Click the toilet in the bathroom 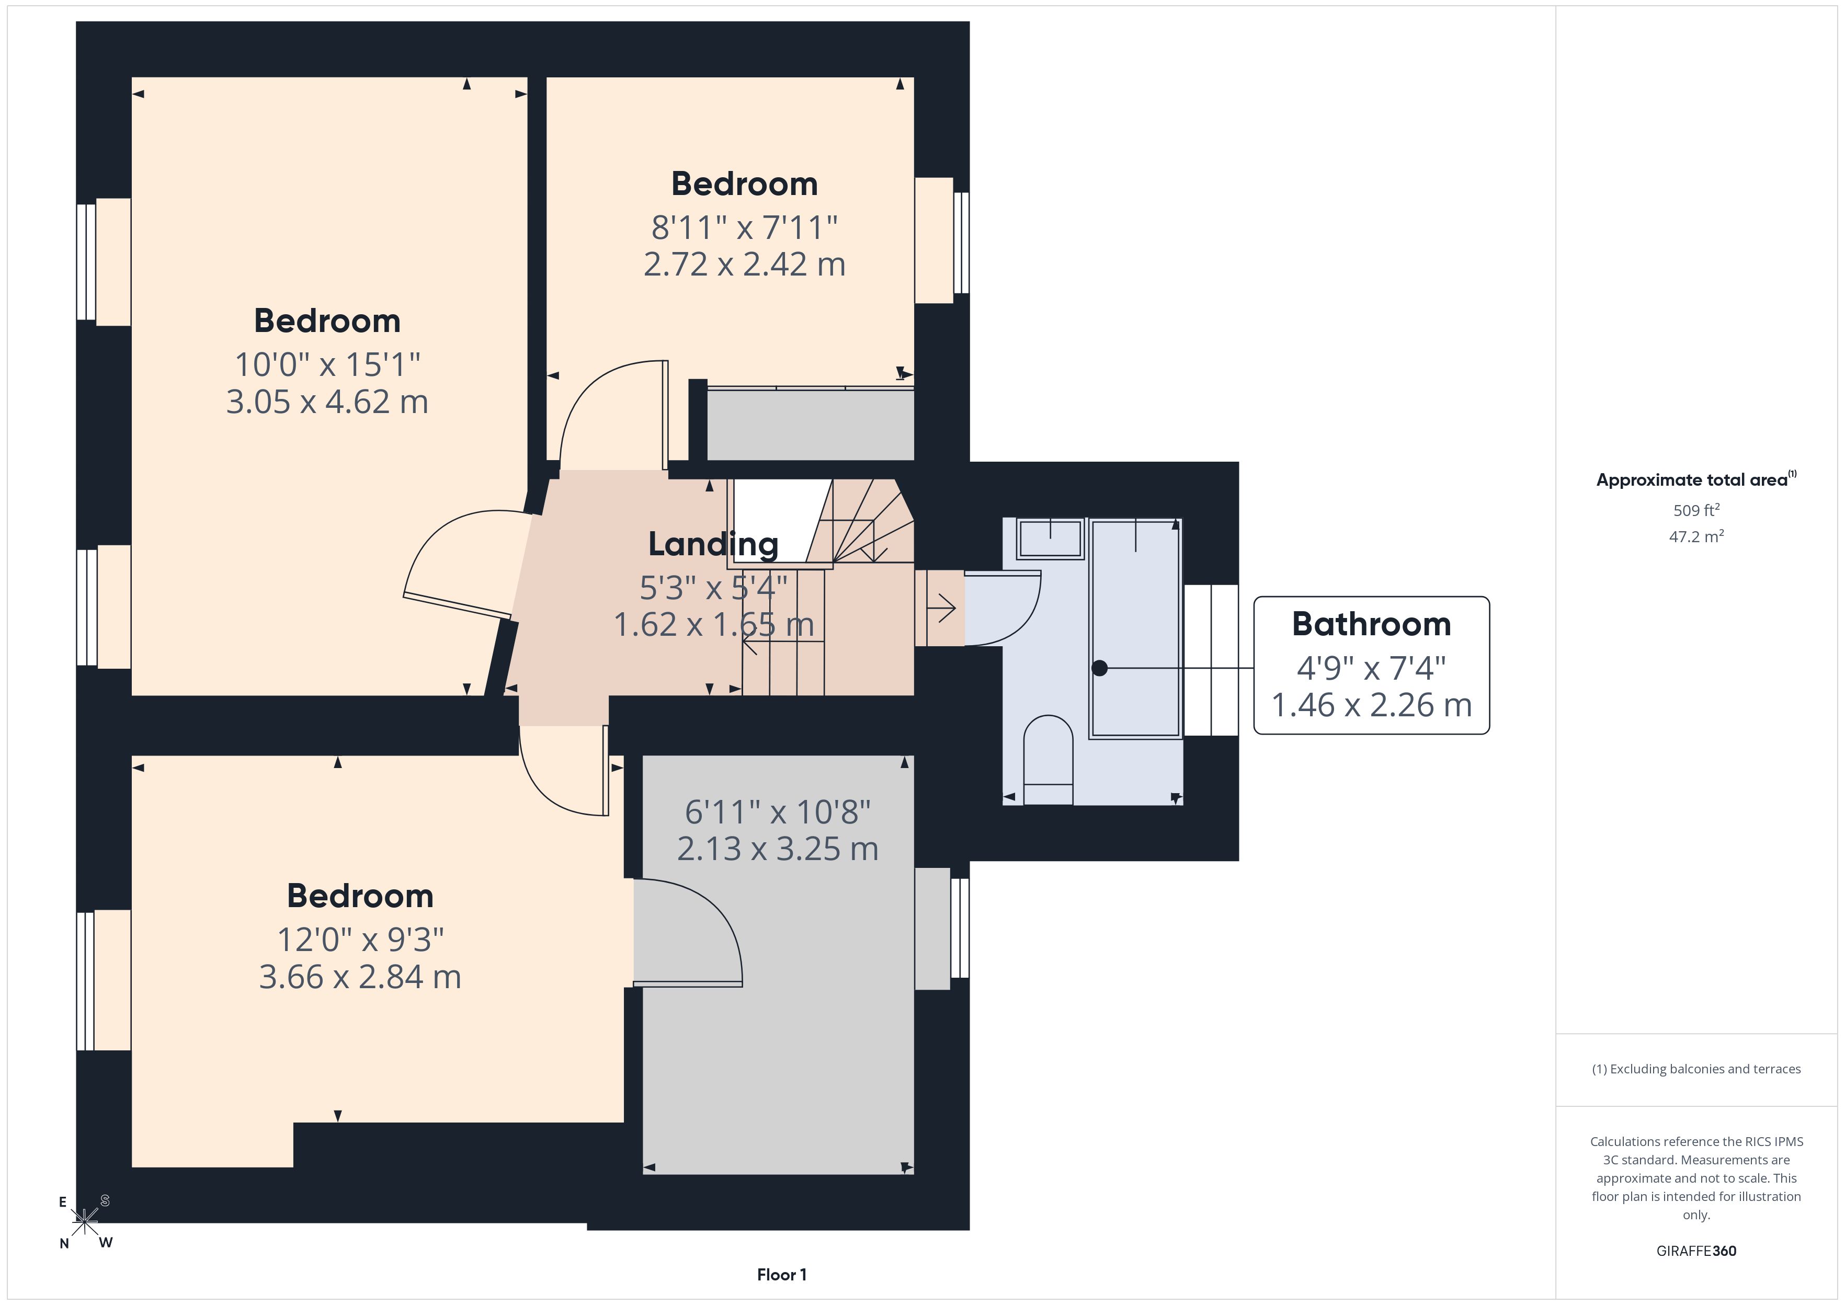[x=1049, y=759]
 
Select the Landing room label [x=713, y=544]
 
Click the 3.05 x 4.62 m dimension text [x=327, y=402]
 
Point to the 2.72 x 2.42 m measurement [x=745, y=265]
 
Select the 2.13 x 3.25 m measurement [x=778, y=849]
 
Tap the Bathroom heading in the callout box [x=1372, y=624]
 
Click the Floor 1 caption [x=782, y=1275]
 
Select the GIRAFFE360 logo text [x=1696, y=1251]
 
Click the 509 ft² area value [x=1696, y=510]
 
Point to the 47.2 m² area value [x=1696, y=536]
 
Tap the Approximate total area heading [x=1696, y=480]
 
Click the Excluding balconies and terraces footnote [x=1696, y=1069]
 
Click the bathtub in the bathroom [x=1135, y=628]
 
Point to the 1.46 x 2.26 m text [x=1372, y=705]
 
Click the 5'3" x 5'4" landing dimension [x=713, y=588]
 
